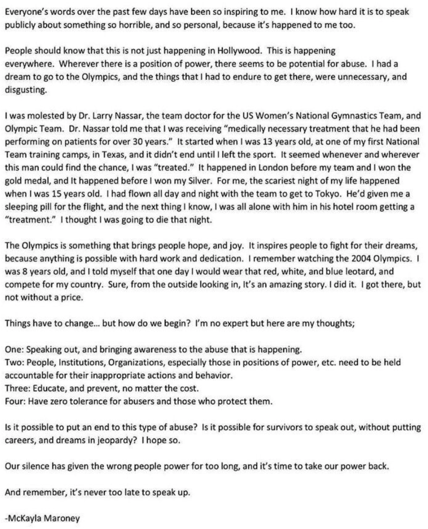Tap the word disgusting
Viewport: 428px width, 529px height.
click(x=25, y=90)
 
